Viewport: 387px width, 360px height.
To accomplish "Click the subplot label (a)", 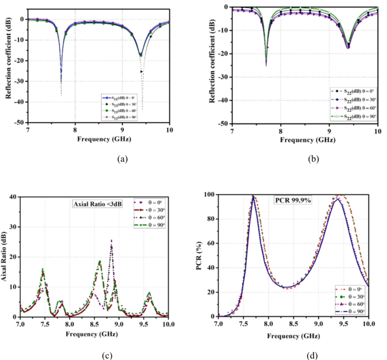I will coord(121,159).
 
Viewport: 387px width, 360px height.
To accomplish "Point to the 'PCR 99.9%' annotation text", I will coord(293,201).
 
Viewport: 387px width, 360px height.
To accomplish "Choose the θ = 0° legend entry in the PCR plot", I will coord(352,290).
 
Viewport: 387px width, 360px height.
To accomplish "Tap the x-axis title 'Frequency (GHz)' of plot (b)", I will coord(304,138).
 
